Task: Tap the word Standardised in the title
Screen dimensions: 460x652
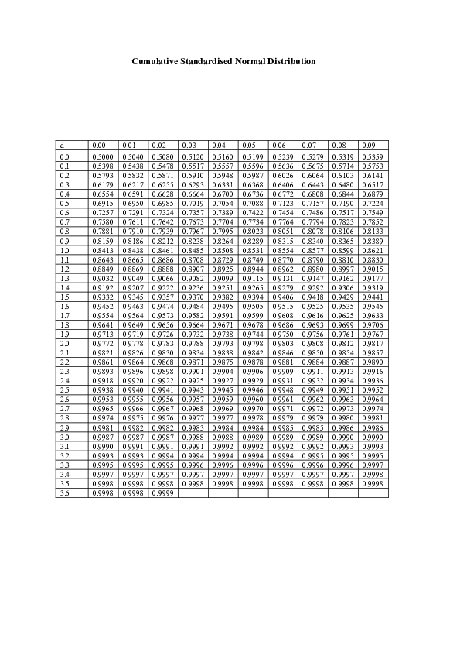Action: [x=213, y=61]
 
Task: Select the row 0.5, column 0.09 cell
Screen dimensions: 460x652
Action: [x=373, y=204]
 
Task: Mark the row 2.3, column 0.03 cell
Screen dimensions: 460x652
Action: [x=193, y=372]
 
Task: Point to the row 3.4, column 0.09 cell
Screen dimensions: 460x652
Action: [x=373, y=474]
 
